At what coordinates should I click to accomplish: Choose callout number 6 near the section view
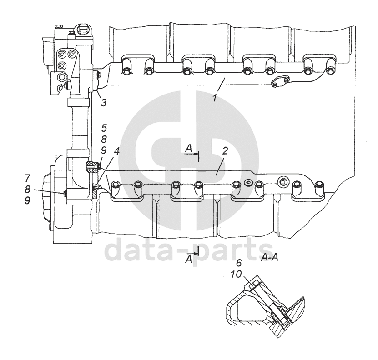point(239,262)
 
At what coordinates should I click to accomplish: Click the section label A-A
point(269,257)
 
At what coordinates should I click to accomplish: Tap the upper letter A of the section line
point(188,148)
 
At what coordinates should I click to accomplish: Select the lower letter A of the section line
point(188,260)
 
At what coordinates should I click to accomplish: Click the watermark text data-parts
point(189,250)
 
